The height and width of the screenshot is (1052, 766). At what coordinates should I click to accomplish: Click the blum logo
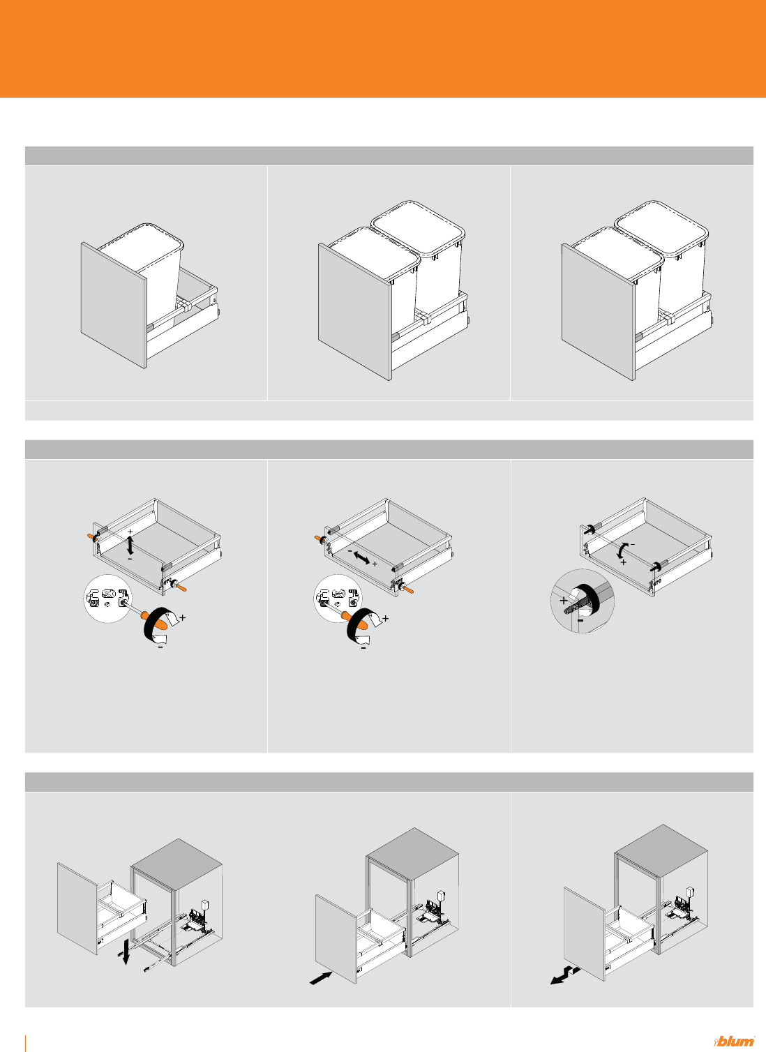coord(735,1041)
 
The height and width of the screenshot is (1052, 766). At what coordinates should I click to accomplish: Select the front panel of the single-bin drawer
coord(113,305)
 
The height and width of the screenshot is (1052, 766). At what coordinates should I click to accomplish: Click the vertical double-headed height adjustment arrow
coord(130,545)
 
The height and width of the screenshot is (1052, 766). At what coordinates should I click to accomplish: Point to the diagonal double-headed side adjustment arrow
coord(361,557)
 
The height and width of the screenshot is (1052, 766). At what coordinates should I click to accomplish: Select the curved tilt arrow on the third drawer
coord(622,550)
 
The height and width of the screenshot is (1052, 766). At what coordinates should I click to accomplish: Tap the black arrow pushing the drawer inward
coord(321,978)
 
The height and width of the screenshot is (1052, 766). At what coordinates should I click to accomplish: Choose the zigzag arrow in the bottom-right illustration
coord(565,975)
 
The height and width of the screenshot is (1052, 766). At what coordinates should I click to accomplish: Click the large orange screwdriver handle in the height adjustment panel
coord(156,620)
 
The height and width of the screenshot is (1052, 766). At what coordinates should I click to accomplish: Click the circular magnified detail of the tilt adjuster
coord(583,601)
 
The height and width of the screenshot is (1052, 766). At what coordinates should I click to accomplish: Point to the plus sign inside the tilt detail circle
coord(564,600)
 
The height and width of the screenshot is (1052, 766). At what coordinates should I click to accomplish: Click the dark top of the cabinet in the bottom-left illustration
coord(177,864)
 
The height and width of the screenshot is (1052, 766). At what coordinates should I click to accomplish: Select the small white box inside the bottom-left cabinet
coord(205,905)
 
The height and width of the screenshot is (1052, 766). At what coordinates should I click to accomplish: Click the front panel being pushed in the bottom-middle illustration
coord(336,939)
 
